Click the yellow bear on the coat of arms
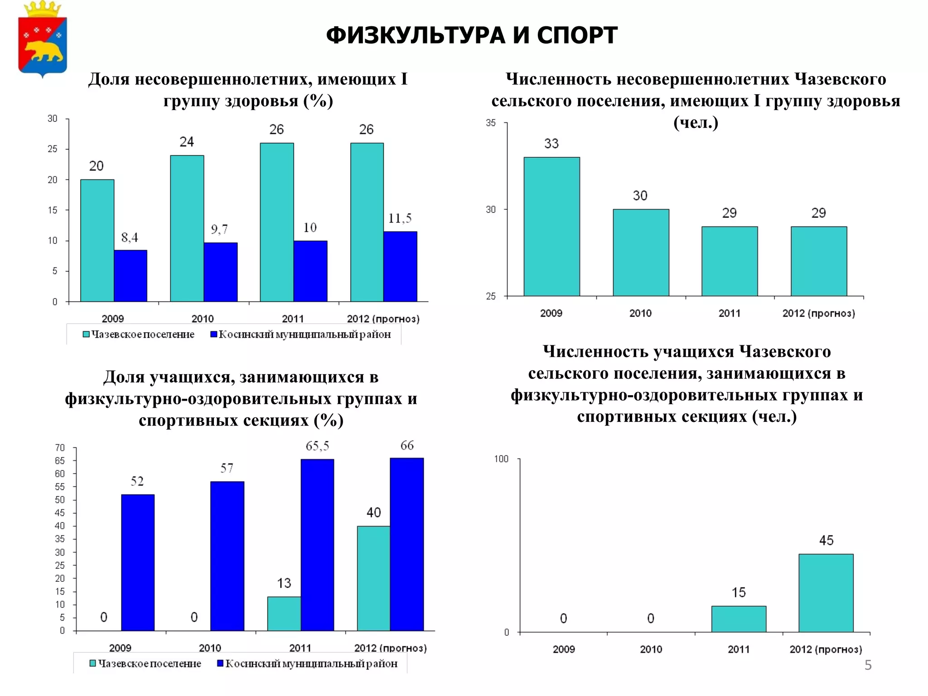tap(43, 51)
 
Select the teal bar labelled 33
tap(551, 227)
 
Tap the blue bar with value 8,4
tap(130, 275)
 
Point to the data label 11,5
tap(400, 218)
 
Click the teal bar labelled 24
tap(187, 228)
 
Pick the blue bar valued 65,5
tap(317, 545)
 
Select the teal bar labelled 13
tap(284, 614)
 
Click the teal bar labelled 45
tap(826, 593)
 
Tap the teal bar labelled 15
tap(738, 619)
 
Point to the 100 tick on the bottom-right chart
tap(501, 459)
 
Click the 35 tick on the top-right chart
tap(491, 123)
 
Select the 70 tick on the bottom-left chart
tap(60, 448)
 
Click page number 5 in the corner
tap(868, 665)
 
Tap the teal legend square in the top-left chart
tap(86, 334)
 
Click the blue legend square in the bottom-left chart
tap(220, 663)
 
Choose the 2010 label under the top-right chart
tap(640, 313)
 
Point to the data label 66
tap(406, 445)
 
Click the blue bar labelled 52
tap(138, 562)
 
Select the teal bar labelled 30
tap(641, 252)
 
